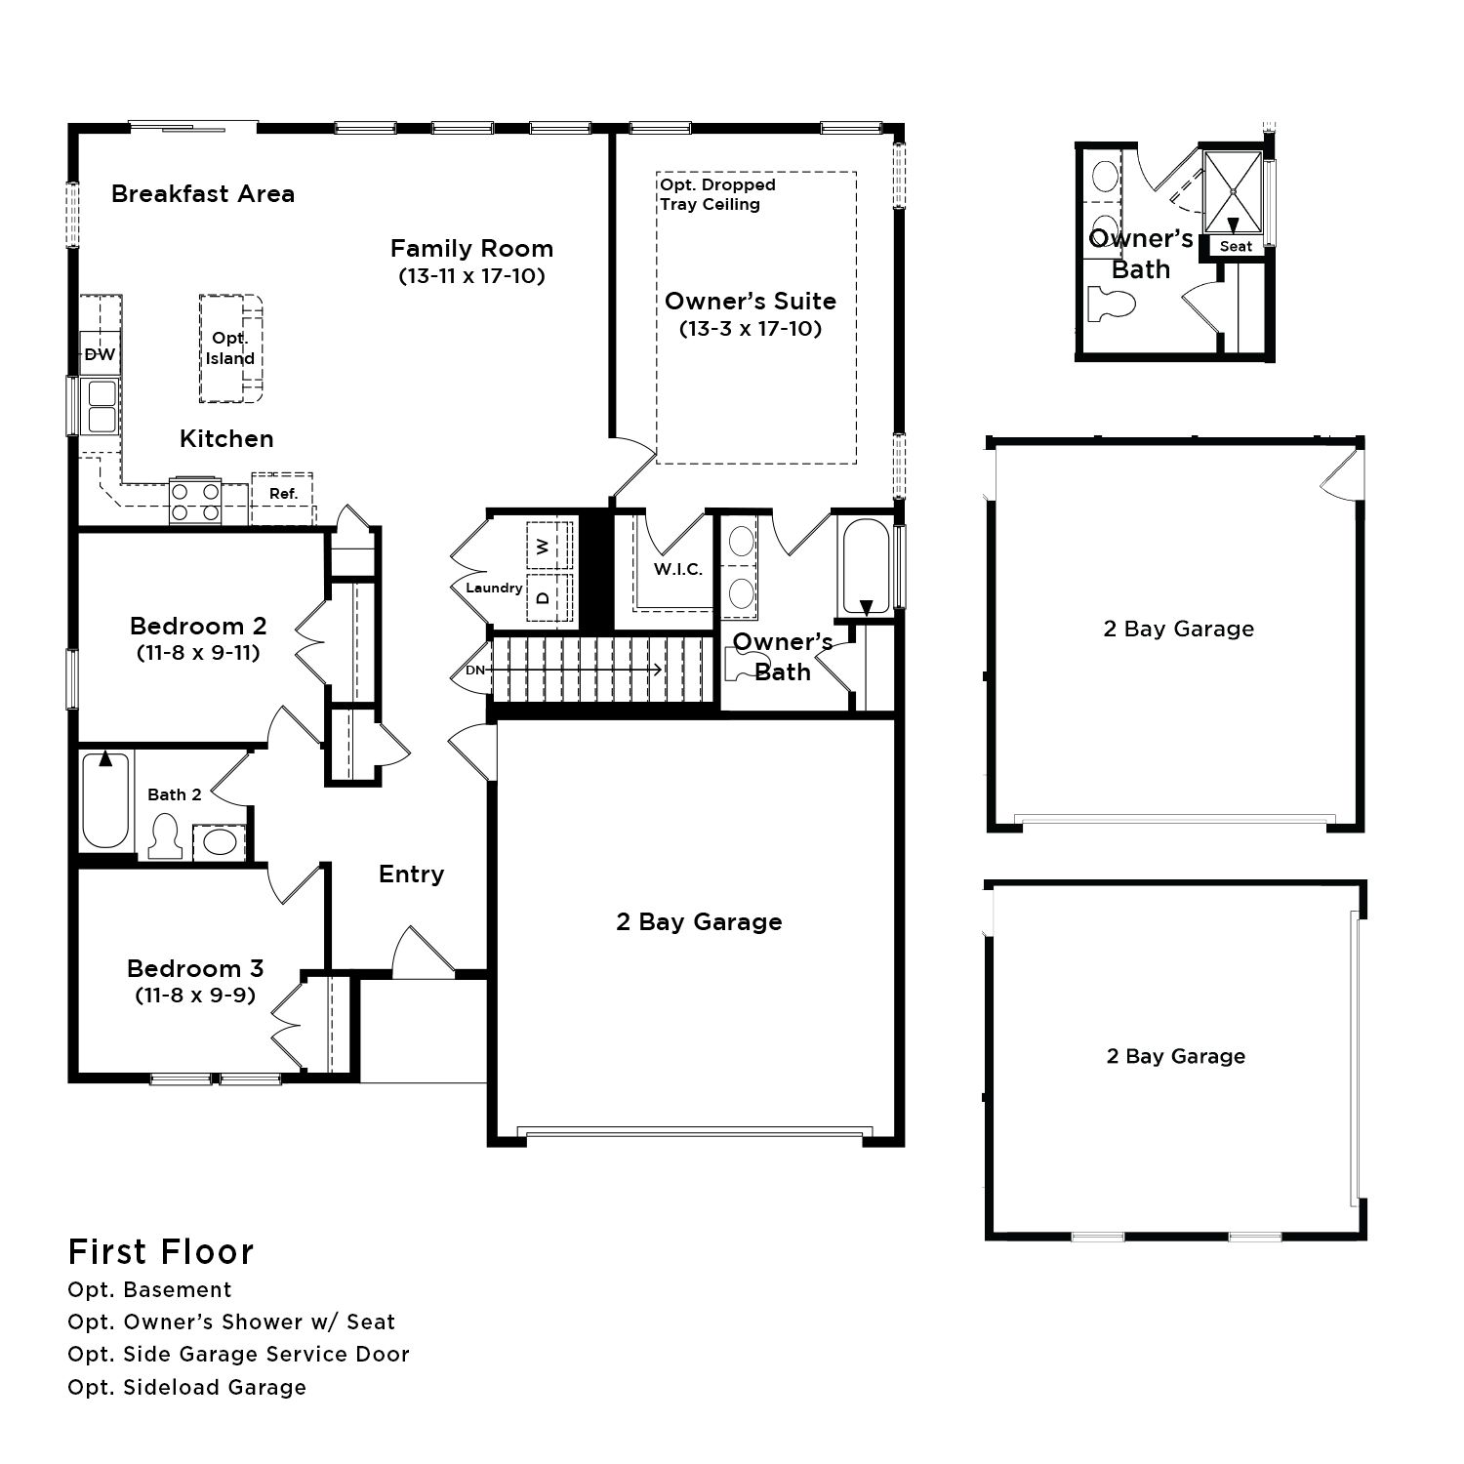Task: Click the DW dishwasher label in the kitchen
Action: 100,354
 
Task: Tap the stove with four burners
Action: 195,501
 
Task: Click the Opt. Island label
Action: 230,348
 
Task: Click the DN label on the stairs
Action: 475,671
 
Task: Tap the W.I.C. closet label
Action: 678,569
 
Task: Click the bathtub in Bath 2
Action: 105,800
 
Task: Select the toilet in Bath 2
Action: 166,836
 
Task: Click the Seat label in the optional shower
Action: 1236,246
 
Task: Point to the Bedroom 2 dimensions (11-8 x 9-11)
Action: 198,653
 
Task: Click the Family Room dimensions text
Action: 471,276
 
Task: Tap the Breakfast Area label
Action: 203,193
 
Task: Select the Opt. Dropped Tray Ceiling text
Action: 717,194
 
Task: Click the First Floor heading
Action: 161,1251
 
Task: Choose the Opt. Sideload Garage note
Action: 187,1387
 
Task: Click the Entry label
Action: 411,874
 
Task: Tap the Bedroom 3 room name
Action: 195,968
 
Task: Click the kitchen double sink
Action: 101,406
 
